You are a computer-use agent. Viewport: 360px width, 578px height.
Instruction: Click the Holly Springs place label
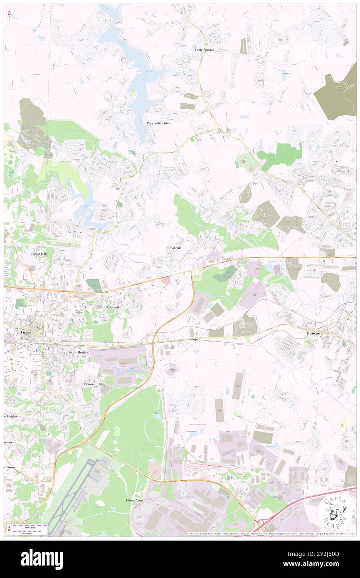(x=205, y=50)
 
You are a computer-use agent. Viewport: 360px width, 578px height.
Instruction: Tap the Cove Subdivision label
(x=158, y=123)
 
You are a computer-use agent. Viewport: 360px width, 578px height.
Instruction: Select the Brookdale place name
(x=174, y=248)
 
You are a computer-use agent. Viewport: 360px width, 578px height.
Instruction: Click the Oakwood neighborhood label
(x=112, y=307)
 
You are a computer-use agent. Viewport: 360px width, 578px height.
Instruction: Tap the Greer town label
(x=26, y=332)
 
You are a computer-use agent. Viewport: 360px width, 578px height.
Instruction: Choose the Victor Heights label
(x=78, y=352)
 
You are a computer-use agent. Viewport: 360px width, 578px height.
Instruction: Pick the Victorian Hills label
(x=93, y=384)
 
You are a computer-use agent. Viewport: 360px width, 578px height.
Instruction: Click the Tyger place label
(x=195, y=339)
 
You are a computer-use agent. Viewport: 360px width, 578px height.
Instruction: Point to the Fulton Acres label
(x=134, y=500)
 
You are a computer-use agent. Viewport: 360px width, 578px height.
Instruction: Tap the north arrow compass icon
(x=9, y=13)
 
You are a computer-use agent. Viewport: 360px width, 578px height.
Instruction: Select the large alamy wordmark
(x=42, y=559)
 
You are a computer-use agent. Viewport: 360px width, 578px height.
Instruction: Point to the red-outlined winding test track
(x=208, y=468)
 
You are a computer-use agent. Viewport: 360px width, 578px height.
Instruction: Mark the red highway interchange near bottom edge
(x=262, y=526)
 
